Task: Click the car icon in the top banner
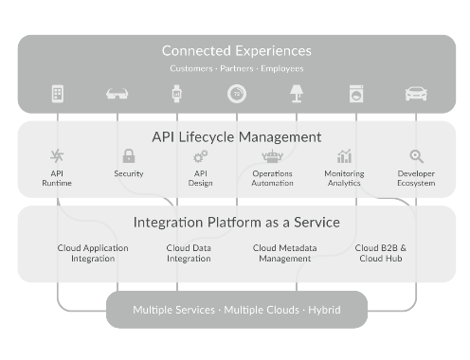(416, 94)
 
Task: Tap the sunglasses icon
(117, 94)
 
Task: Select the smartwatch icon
(177, 94)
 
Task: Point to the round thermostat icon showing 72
(237, 94)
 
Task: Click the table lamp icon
(297, 94)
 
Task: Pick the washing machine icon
(356, 94)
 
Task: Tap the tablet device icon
(58, 94)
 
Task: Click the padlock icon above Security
(129, 156)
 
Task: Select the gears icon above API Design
(201, 156)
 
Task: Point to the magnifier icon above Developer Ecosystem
(416, 156)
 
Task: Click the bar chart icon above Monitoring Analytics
(344, 156)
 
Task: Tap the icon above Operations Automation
(272, 156)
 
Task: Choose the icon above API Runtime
(57, 155)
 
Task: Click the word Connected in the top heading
(196, 51)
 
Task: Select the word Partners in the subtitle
(237, 68)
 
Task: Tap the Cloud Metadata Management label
(284, 253)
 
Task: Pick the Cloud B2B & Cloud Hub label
(381, 253)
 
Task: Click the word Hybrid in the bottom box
(324, 310)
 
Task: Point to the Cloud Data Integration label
(189, 253)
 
